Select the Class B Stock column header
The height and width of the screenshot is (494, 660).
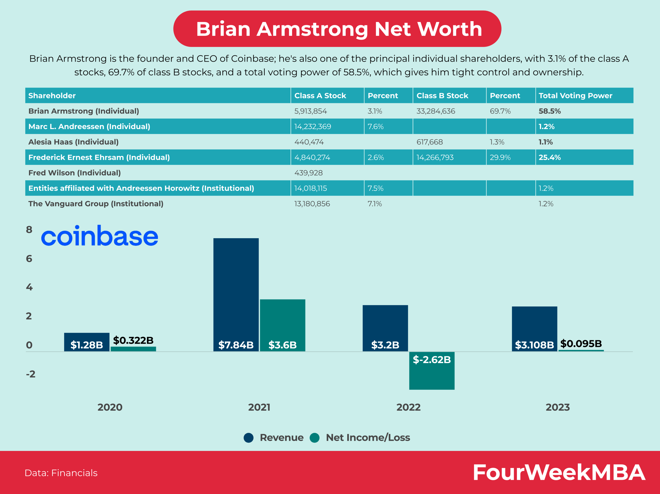click(x=442, y=95)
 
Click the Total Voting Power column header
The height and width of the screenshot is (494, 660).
click(x=575, y=95)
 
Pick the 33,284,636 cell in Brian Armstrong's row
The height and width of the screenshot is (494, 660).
click(x=436, y=111)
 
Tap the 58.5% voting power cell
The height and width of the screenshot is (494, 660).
click(x=550, y=111)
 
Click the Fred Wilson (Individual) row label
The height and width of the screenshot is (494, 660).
click(x=75, y=173)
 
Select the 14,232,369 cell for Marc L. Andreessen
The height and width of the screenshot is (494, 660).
click(x=313, y=126)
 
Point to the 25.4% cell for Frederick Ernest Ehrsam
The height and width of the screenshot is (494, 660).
click(x=550, y=157)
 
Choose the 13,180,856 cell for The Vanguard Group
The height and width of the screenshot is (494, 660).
click(x=312, y=204)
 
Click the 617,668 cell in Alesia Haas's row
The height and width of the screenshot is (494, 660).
click(x=430, y=142)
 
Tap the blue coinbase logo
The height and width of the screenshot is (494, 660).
click(x=99, y=236)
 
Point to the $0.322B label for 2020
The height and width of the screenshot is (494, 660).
click(x=133, y=340)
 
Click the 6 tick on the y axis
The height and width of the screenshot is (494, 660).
click(x=29, y=258)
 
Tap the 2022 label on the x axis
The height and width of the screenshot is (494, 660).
click(x=408, y=407)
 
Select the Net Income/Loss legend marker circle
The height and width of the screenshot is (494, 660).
click(x=315, y=437)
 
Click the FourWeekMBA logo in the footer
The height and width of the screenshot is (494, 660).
click(x=559, y=473)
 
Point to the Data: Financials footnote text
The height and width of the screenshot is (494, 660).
click(x=61, y=473)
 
